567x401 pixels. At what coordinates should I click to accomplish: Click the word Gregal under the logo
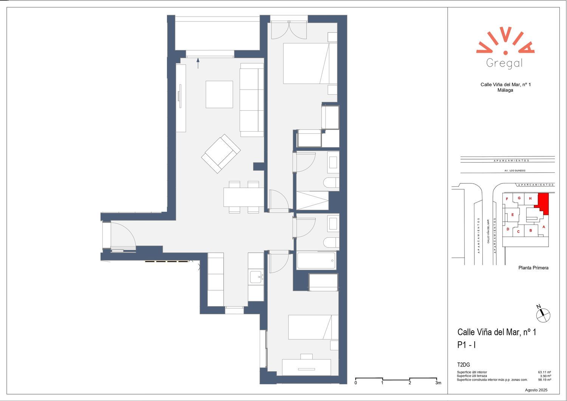[504, 63]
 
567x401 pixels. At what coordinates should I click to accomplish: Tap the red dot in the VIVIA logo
[505, 53]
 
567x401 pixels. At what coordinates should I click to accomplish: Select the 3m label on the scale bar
[438, 383]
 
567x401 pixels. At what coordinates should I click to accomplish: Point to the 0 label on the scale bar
[356, 383]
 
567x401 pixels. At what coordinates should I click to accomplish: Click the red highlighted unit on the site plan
[543, 203]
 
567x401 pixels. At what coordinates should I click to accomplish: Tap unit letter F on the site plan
[507, 199]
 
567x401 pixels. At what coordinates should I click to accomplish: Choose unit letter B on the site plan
[531, 231]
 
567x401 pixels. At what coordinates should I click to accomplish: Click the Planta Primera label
[533, 268]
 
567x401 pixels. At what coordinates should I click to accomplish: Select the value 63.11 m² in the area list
[545, 372]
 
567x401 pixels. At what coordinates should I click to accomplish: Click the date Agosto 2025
[536, 390]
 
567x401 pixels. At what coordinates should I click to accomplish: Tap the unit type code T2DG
[463, 365]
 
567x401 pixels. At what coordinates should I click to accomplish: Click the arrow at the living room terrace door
[198, 63]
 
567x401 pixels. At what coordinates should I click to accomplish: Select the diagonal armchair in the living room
[221, 154]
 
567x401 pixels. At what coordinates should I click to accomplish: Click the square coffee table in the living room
[219, 94]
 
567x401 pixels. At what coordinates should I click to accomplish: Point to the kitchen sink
[256, 277]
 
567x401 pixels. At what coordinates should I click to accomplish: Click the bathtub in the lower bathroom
[317, 260]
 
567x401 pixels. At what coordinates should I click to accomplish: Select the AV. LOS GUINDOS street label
[515, 170]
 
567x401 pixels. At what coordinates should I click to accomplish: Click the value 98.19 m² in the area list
[545, 380]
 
